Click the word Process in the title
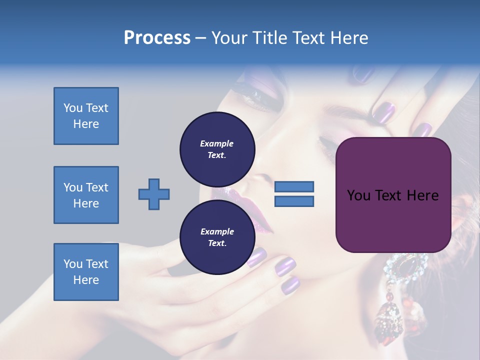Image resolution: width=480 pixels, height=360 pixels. [x=157, y=38]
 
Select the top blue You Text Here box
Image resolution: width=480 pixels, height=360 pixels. [x=86, y=116]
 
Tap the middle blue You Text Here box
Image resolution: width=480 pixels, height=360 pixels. [x=86, y=195]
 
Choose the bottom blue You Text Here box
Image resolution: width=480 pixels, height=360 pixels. [x=86, y=271]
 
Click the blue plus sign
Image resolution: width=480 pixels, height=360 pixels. [x=154, y=194]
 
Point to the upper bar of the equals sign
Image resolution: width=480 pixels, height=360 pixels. [x=294, y=186]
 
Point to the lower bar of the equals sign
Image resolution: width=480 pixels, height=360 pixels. [x=294, y=201]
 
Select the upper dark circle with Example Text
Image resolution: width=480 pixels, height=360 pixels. [x=217, y=149]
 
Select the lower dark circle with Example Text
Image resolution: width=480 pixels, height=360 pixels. [x=217, y=237]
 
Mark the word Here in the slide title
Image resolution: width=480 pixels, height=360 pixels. [x=348, y=38]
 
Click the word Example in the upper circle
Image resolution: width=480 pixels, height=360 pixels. [x=217, y=143]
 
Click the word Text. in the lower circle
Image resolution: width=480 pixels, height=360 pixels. [x=217, y=243]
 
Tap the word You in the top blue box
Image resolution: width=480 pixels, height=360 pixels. [x=72, y=108]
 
